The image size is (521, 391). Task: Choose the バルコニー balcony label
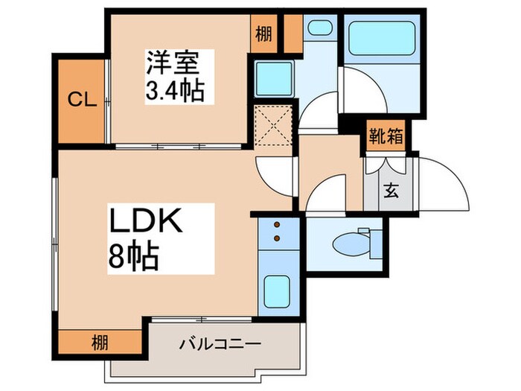click(220, 344)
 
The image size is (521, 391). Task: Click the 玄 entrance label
click(390, 188)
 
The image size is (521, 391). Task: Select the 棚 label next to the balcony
click(99, 343)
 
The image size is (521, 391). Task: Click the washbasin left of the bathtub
click(319, 29)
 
